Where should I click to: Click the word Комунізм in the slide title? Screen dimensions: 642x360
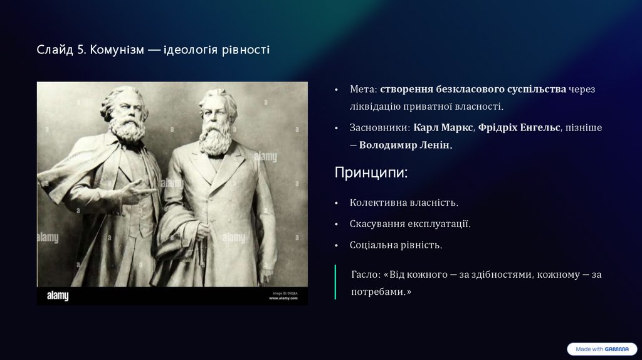(x=117, y=50)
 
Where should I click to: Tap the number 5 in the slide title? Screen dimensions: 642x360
(x=81, y=50)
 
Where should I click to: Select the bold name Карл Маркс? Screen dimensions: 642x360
(x=443, y=127)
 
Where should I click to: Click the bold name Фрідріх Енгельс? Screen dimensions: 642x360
(x=519, y=127)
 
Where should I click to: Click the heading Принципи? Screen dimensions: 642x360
(x=371, y=172)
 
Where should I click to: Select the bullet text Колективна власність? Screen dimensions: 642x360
(x=404, y=203)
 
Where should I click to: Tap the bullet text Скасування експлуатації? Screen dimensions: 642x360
(x=410, y=224)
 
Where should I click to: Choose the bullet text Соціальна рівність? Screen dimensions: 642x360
(x=396, y=245)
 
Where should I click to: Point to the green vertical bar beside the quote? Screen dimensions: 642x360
(x=335, y=282)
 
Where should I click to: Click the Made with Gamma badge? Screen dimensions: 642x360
(x=602, y=349)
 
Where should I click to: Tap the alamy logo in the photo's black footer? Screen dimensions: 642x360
(x=58, y=295)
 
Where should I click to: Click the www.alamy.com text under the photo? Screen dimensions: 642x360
(x=283, y=298)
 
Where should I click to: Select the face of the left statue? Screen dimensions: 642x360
(x=126, y=110)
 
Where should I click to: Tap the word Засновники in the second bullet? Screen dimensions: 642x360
(x=378, y=127)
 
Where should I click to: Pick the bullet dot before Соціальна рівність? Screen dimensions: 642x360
(x=337, y=246)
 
